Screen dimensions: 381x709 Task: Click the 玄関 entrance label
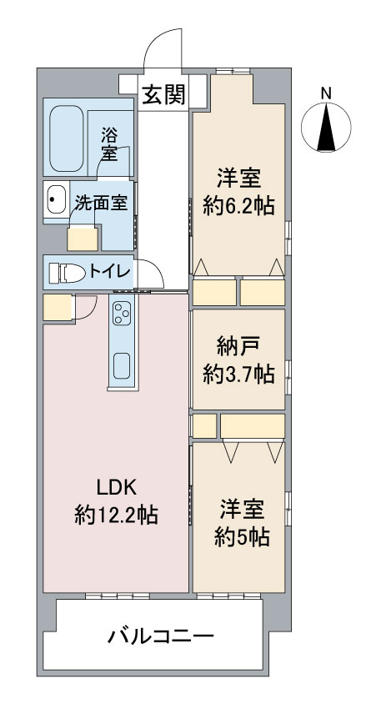(163, 95)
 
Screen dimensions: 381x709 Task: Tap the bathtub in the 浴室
(67, 138)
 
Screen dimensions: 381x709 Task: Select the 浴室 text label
(109, 144)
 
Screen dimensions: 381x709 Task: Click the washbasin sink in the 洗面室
(57, 199)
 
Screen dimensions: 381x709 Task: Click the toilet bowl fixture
(68, 273)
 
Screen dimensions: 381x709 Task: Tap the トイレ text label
(110, 272)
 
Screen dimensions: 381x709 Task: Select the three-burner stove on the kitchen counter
(122, 313)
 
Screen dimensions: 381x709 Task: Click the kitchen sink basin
(122, 366)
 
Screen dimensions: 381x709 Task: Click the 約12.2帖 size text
(116, 515)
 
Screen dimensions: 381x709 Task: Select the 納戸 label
(238, 348)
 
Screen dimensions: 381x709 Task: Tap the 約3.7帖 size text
(238, 375)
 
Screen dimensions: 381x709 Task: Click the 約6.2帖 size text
(238, 206)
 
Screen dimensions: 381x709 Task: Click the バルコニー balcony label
(160, 637)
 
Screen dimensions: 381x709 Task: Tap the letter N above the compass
(326, 93)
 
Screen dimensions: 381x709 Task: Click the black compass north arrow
(326, 126)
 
